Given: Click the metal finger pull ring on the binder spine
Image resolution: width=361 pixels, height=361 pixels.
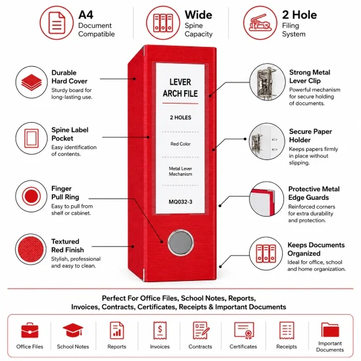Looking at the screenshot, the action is pos(180,242).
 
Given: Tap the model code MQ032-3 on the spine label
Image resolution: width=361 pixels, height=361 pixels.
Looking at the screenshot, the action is pos(180,202).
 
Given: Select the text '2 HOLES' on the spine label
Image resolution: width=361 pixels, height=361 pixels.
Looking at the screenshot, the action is pos(180,118).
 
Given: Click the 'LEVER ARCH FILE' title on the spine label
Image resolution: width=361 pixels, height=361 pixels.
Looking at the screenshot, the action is pos(180,88).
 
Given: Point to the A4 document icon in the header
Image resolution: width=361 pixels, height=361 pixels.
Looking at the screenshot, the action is pos(57,23).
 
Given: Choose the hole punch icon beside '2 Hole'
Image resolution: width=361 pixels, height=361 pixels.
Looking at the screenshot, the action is pos(260,23).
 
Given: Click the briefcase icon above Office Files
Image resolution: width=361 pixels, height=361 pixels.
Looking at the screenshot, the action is pos(29,330).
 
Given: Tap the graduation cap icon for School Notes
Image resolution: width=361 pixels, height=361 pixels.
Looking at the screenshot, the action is pos(73,330).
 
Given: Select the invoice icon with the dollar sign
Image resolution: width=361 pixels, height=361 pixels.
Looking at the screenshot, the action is pos(160,330).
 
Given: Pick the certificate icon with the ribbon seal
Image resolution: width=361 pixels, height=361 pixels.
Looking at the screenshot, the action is pos(244,330).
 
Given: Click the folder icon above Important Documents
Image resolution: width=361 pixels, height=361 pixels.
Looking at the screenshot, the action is pos(330,330).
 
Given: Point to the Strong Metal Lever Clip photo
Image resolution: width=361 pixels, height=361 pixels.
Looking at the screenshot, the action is pos(268,82).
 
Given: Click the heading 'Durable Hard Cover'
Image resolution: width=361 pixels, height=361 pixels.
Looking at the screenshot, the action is pos(69,77).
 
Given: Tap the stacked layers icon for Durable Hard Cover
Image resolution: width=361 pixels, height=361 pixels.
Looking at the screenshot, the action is pos(31,82).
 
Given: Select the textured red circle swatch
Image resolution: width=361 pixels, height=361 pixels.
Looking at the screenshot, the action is pos(31,249).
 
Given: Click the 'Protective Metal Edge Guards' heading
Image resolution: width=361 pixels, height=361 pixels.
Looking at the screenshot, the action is pos(314,193).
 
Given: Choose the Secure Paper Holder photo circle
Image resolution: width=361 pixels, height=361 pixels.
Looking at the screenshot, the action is pos(267,141).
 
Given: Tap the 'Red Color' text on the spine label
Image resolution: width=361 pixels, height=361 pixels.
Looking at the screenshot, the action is pos(180,144).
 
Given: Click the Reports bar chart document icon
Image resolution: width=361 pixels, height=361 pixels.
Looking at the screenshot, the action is pos(117,330).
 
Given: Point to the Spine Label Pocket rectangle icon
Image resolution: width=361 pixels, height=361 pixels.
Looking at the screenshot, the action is pos(31,138).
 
